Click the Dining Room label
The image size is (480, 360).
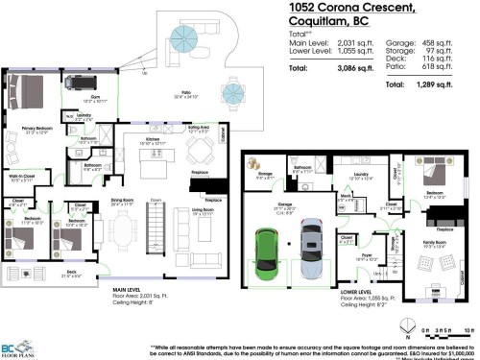click(x=122, y=203)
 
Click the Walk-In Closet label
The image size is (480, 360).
click(x=22, y=177)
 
